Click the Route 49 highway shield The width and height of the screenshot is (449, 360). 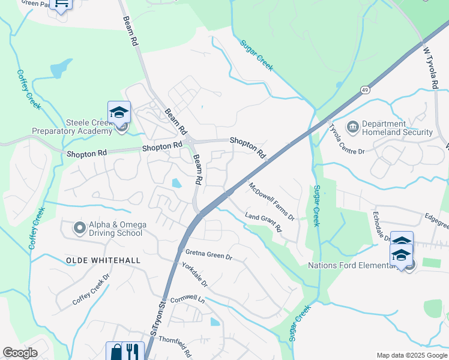(x=364, y=89)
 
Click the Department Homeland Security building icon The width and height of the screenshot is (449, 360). (x=353, y=127)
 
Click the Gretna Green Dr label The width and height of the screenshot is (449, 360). (x=208, y=255)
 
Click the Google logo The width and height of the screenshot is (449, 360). (x=20, y=353)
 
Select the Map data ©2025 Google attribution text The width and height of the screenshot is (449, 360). (x=411, y=355)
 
